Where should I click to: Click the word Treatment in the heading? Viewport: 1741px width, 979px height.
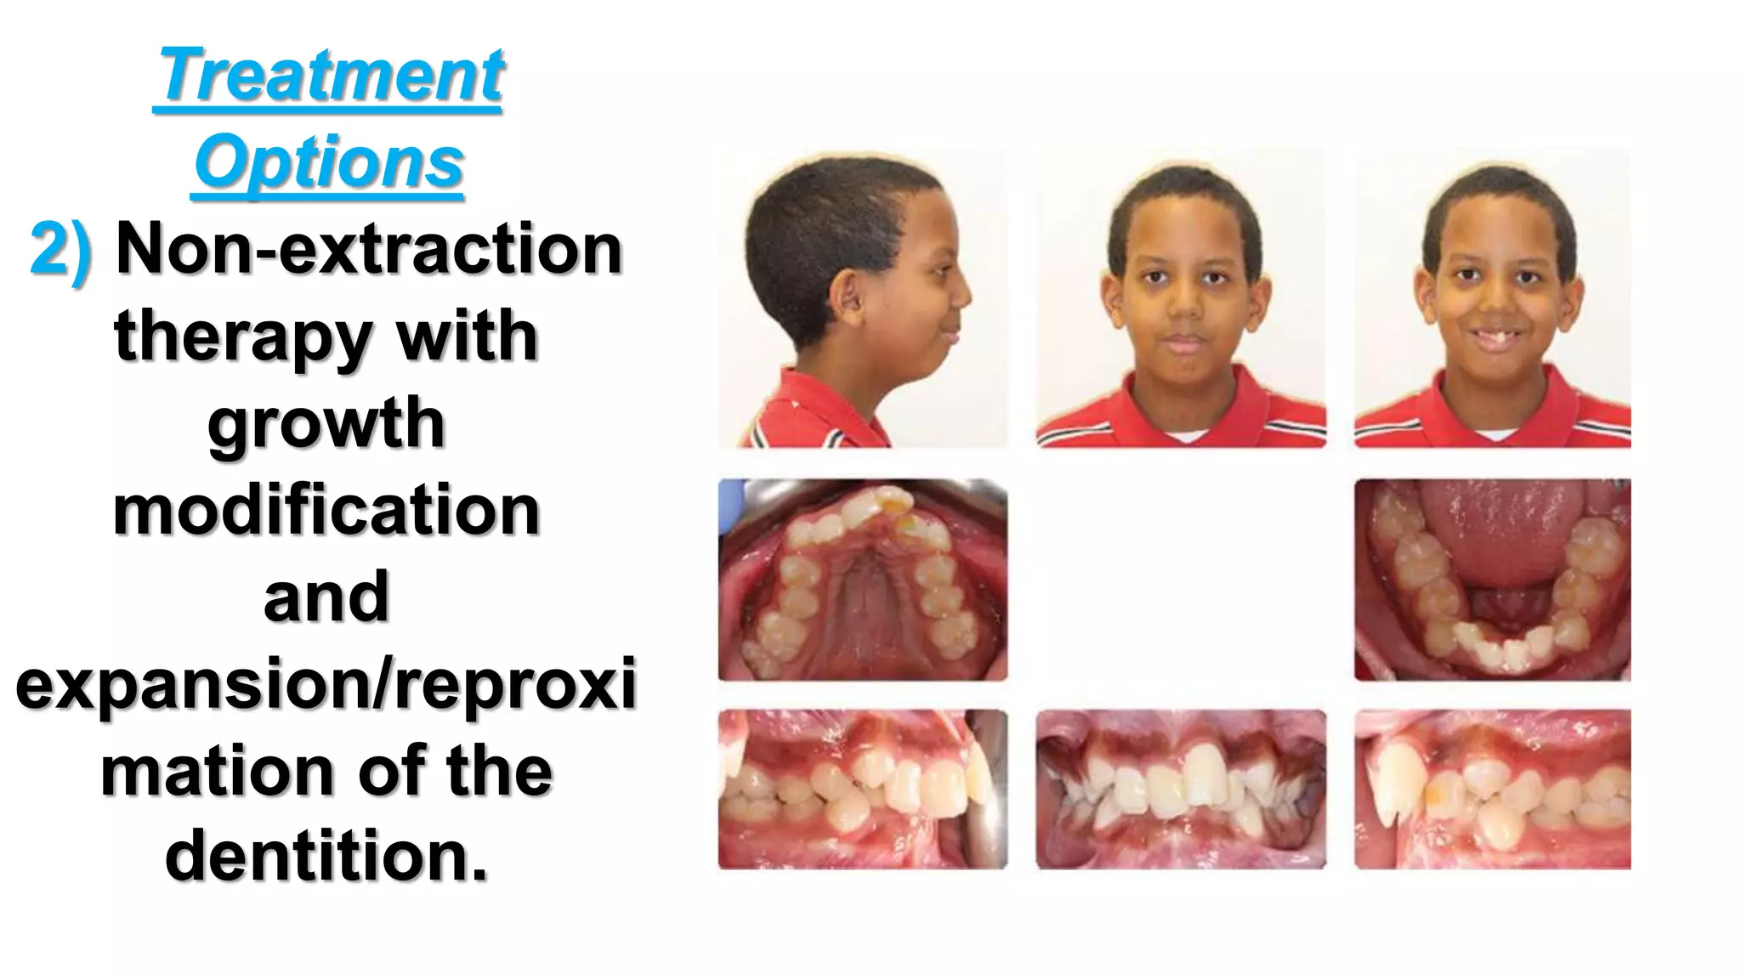pyautogui.click(x=330, y=76)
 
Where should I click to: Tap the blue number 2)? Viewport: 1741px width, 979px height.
pyautogui.click(x=61, y=250)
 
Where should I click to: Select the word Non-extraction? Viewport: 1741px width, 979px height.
pyautogui.click(x=369, y=250)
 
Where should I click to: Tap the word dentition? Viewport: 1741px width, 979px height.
pyautogui.click(x=326, y=856)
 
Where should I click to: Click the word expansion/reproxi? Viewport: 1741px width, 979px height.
pyautogui.click(x=326, y=685)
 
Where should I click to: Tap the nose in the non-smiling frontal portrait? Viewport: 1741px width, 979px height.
pyautogui.click(x=1182, y=307)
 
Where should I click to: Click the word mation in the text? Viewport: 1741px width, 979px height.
pyautogui.click(x=216, y=772)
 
